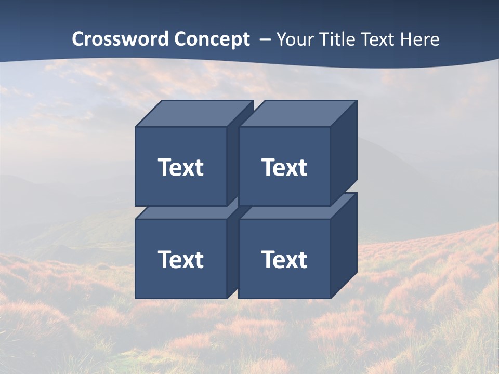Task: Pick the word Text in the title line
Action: click(380, 39)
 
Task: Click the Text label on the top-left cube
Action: click(180, 167)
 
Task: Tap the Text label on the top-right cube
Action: click(284, 167)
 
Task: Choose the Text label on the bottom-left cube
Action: click(180, 259)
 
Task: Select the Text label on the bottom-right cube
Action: click(284, 259)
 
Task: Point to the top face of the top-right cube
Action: click(298, 114)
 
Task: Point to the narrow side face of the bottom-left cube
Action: click(232, 255)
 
